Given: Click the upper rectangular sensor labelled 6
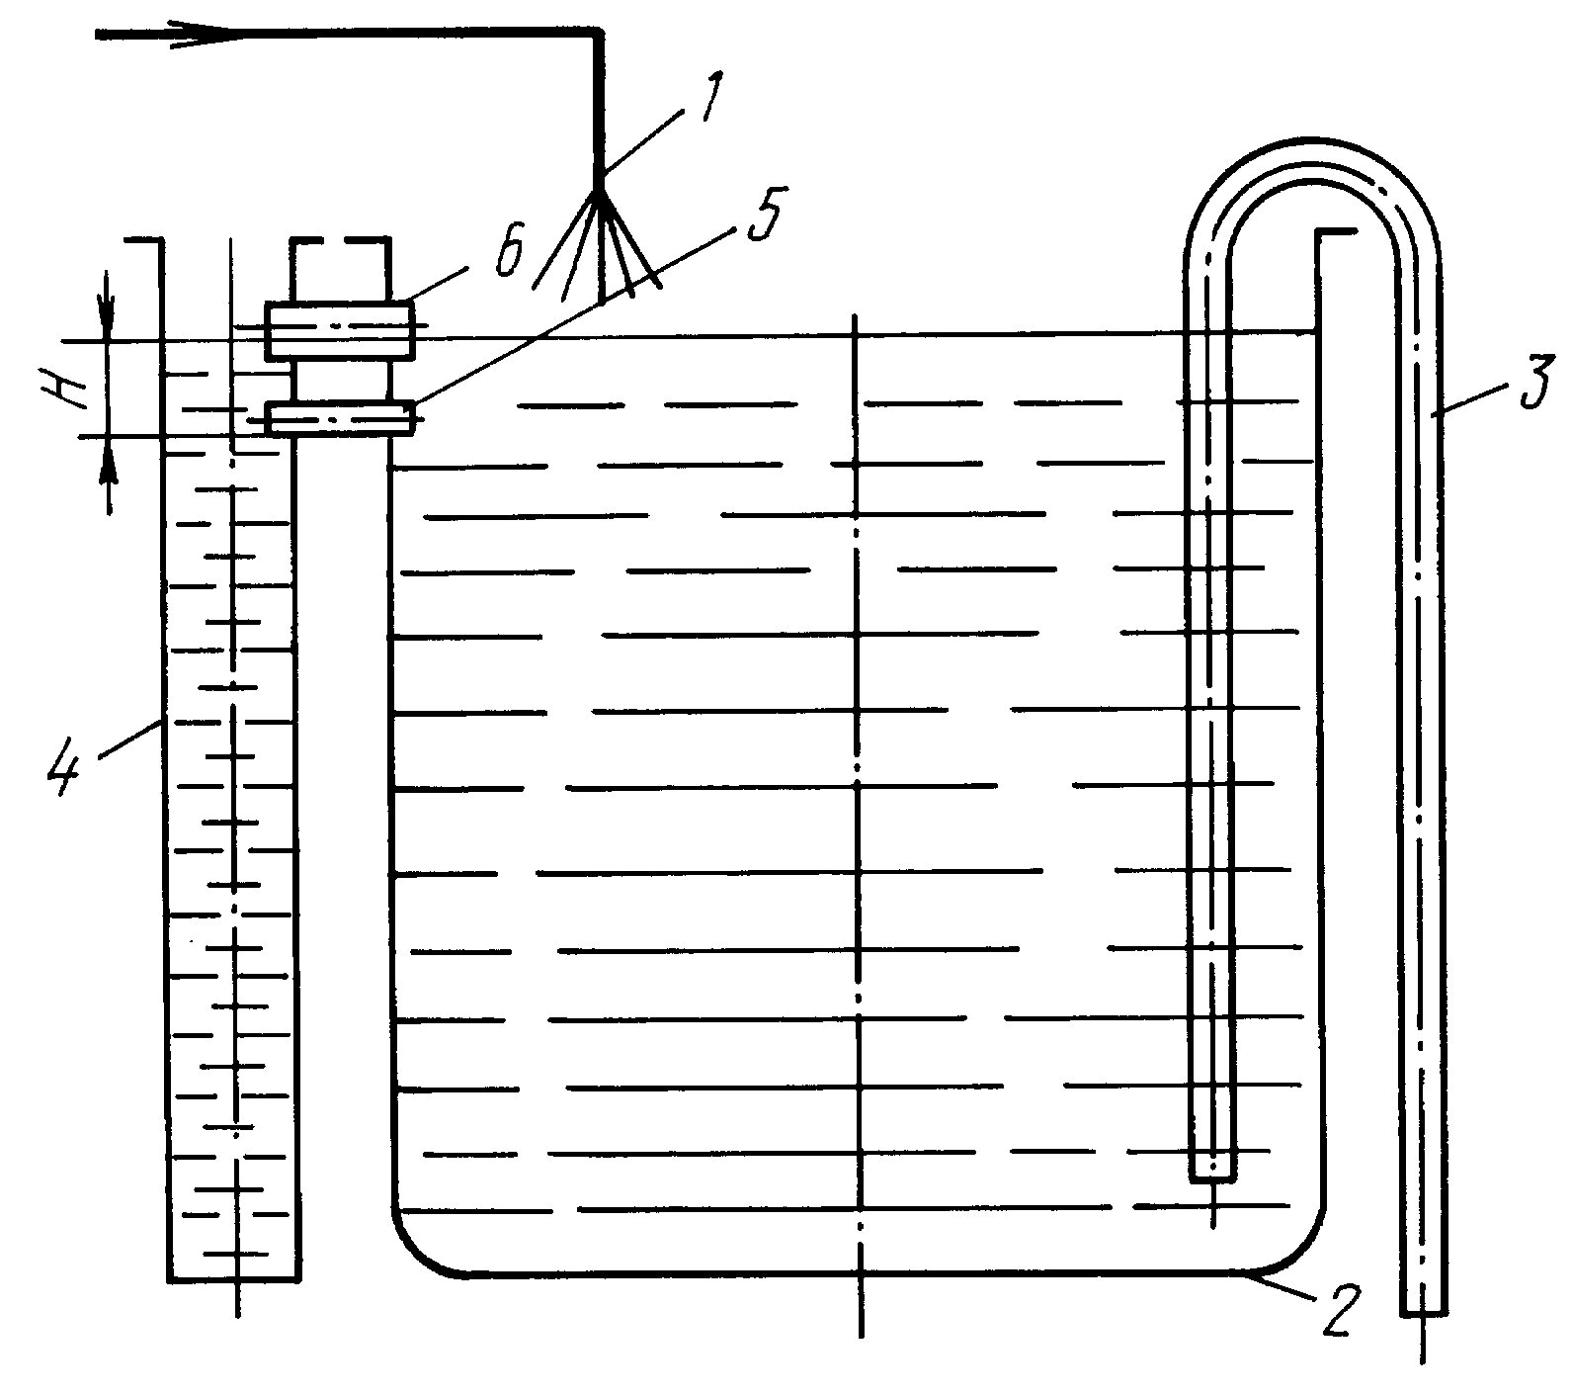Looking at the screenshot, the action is click(x=340, y=330).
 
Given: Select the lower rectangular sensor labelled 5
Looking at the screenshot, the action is click(x=340, y=417).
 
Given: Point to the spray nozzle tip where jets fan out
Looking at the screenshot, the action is click(x=599, y=193).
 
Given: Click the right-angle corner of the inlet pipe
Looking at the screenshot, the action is click(x=597, y=35).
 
